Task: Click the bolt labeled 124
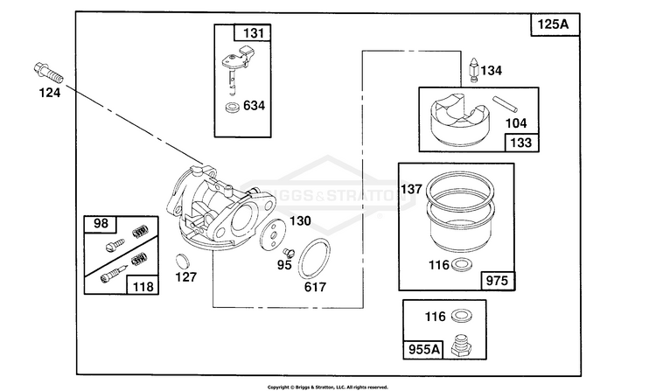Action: click(x=48, y=73)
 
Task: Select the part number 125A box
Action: click(x=555, y=24)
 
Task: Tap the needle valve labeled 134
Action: click(x=474, y=70)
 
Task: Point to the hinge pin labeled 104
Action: click(x=505, y=105)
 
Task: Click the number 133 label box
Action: click(x=521, y=143)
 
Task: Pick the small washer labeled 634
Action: click(x=232, y=107)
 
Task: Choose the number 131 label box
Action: click(x=252, y=32)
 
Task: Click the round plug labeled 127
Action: click(x=183, y=261)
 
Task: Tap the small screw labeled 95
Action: click(x=289, y=253)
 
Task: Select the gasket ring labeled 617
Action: click(x=314, y=258)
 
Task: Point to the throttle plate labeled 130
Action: click(x=273, y=235)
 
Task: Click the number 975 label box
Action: click(x=498, y=281)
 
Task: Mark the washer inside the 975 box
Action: click(x=463, y=265)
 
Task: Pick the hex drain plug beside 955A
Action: click(x=462, y=346)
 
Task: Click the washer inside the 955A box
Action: click(x=462, y=316)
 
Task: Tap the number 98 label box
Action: click(x=101, y=224)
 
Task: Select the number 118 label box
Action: click(x=143, y=286)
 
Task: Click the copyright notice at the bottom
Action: click(x=328, y=388)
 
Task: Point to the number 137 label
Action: click(x=411, y=189)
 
